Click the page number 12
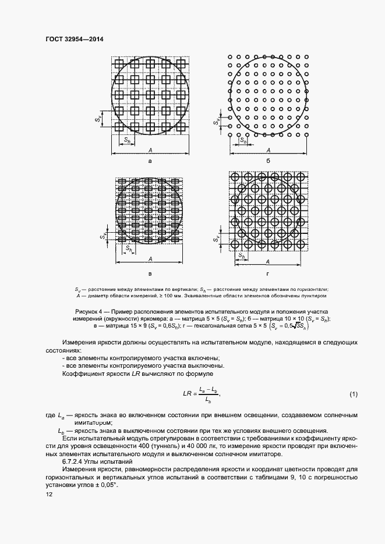[x=49, y=494]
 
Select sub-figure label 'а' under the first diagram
[x=151, y=160]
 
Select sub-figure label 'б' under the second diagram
[x=267, y=160]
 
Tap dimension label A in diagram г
[x=268, y=262]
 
